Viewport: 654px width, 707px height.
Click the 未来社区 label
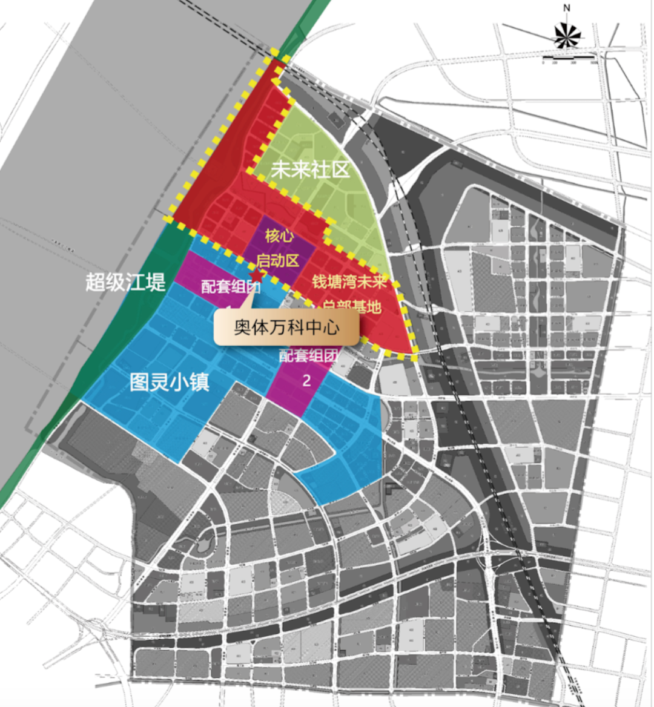(x=310, y=169)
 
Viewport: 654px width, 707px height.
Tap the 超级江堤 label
(x=125, y=281)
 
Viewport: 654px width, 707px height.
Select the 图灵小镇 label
(x=170, y=382)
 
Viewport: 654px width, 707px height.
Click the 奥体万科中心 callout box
(x=287, y=328)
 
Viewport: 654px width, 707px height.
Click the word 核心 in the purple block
(x=279, y=235)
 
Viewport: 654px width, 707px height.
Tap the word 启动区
(x=278, y=261)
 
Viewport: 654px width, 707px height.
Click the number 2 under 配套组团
(x=306, y=380)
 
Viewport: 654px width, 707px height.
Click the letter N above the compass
(x=567, y=8)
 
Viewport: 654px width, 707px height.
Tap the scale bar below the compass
(x=570, y=62)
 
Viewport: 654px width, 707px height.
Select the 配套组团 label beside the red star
(x=231, y=287)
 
